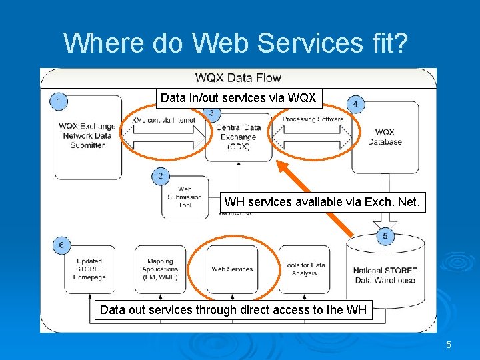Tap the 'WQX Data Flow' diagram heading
tap(238, 78)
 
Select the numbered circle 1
tap(59, 101)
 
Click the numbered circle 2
tap(160, 177)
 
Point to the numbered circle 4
tap(355, 103)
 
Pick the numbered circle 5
tap(385, 236)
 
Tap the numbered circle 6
tap(61, 245)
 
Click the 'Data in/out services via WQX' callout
tap(239, 99)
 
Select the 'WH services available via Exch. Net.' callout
tap(323, 201)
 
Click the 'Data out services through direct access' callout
tap(233, 310)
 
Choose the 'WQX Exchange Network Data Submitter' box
tap(87, 136)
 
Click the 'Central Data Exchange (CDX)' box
tap(238, 137)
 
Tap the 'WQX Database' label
tap(385, 137)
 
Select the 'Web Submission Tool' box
tap(185, 197)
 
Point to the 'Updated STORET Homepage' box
tap(89, 269)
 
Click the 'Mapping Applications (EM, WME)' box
tap(160, 269)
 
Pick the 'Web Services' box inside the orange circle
tap(232, 269)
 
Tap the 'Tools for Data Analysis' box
tap(304, 269)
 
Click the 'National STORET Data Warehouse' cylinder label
tap(385, 275)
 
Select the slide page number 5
tap(449, 345)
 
